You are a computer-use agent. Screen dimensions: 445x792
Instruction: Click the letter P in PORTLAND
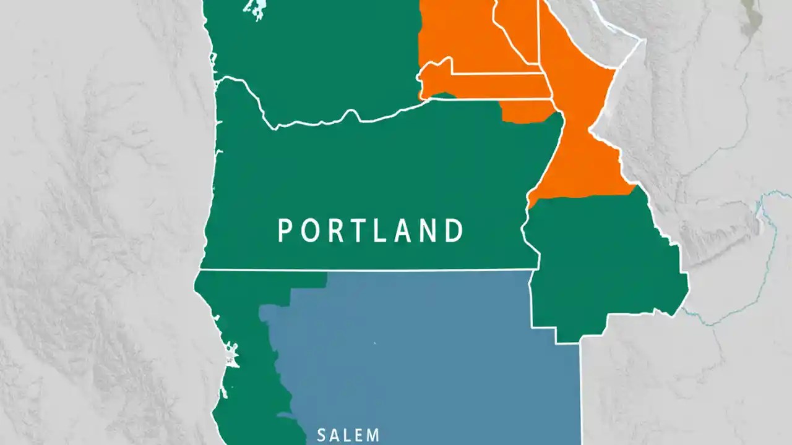[284, 231]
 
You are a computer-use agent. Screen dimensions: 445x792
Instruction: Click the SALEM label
[348, 435]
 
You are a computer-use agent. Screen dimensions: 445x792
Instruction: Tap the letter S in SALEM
[321, 435]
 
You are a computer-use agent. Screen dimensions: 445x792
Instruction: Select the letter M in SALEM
[373, 435]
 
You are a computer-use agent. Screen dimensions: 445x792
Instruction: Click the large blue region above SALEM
[421, 346]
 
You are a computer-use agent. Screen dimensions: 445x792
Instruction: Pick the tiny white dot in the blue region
[374, 343]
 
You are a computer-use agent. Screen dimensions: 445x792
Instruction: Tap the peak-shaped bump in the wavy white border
[352, 112]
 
